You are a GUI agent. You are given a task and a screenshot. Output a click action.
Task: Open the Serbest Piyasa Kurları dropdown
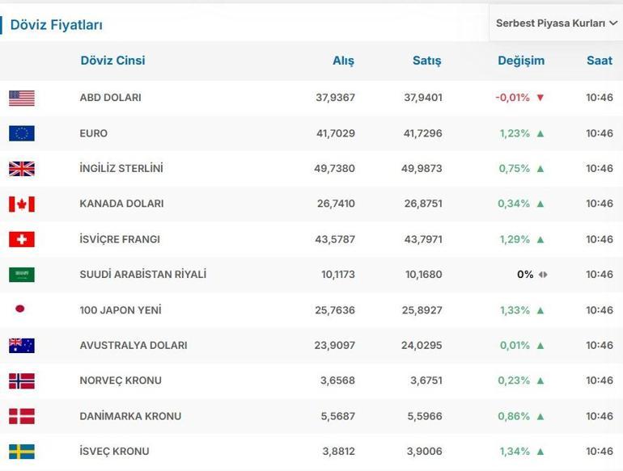(556, 23)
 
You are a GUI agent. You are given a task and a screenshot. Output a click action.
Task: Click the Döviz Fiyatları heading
(56, 25)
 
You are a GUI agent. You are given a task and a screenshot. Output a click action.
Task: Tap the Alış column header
(343, 61)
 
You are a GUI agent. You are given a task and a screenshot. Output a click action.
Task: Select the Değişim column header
(521, 61)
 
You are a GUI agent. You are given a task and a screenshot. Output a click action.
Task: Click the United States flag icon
(22, 98)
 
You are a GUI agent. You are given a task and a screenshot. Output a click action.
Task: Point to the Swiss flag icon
(22, 239)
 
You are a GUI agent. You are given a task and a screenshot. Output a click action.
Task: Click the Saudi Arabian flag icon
(22, 275)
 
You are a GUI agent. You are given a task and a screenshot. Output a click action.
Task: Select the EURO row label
(93, 133)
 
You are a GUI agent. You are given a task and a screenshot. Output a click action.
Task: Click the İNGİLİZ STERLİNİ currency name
(121, 169)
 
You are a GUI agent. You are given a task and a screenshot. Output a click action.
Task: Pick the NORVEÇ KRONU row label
(121, 381)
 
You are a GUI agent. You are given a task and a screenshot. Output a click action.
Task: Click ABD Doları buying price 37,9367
(335, 98)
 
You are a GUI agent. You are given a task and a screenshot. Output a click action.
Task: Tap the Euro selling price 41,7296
(422, 133)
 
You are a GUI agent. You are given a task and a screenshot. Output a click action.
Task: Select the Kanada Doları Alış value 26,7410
(335, 204)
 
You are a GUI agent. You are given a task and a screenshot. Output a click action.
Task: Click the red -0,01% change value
(512, 98)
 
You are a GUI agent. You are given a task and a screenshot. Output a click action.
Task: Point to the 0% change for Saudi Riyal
(525, 275)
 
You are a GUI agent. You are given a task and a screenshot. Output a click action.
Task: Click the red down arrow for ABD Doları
(540, 98)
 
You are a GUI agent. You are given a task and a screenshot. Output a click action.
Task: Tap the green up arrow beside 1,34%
(540, 452)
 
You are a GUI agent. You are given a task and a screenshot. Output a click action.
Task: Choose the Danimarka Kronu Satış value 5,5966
(422, 416)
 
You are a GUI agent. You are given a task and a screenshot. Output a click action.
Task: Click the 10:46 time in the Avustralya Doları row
(600, 345)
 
